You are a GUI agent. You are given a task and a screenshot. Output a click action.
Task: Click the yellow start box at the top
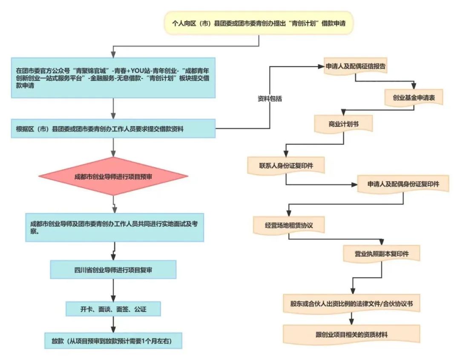point(259,23)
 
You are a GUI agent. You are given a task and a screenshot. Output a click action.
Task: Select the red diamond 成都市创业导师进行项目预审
point(113,176)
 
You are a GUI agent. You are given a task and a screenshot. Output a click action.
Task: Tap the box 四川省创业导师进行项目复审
point(113,269)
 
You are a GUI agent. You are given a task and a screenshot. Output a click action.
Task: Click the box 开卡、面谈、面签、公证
point(113,309)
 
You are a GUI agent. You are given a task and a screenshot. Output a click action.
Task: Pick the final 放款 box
point(113,341)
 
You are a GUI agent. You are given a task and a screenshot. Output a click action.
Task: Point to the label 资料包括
point(270,98)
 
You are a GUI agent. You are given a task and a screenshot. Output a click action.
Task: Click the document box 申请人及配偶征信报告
point(356,67)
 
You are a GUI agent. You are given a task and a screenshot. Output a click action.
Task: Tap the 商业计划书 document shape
point(343,124)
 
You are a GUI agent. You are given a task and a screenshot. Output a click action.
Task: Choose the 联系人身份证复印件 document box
point(286,165)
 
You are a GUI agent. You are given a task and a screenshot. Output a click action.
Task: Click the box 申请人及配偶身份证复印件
point(403,184)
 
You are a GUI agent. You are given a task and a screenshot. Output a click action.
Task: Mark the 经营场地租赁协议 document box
point(289,225)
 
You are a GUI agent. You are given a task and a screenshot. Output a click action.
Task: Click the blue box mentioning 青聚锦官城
point(113,78)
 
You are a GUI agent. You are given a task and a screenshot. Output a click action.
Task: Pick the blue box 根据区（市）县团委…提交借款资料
point(113,129)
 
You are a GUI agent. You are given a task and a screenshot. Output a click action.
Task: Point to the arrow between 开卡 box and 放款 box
point(113,325)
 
